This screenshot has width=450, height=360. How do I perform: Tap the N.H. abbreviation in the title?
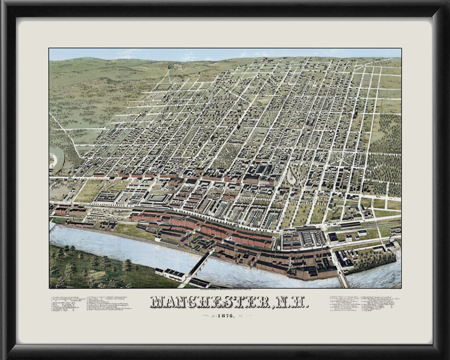tap(293, 302)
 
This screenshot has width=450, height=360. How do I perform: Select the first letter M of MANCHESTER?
tap(157, 302)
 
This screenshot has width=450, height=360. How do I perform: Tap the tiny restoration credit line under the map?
tap(225, 290)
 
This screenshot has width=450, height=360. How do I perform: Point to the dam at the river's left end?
tap(53, 226)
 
